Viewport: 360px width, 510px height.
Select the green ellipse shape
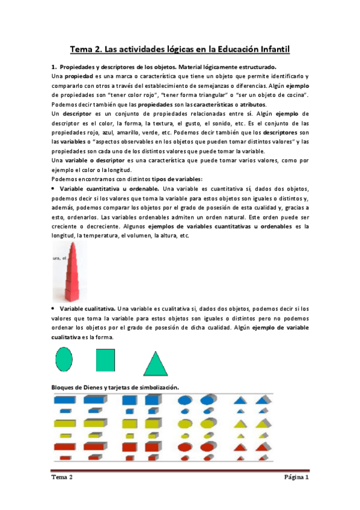[64, 360]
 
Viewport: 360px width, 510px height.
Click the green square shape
[105, 360]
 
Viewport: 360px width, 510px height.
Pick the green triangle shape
[156, 363]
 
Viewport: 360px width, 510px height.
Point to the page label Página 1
[296, 478]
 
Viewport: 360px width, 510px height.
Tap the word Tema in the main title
[84, 51]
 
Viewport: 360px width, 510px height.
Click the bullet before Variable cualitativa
[53, 308]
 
